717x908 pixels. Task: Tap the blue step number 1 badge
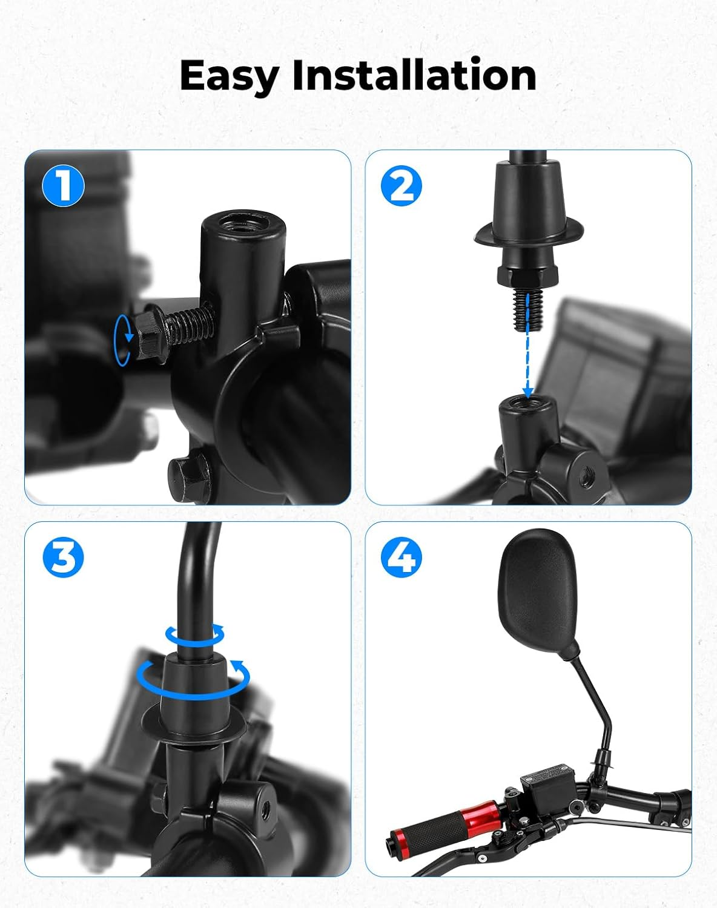[x=63, y=185]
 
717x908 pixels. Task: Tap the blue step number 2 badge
[x=401, y=186]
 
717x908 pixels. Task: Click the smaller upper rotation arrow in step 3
[x=194, y=636]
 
